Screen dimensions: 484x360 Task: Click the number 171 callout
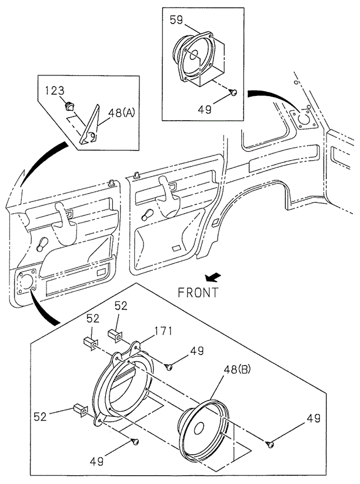163,331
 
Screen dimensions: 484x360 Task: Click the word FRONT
198,291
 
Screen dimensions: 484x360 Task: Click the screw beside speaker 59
234,92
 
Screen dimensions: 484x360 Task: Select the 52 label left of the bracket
39,417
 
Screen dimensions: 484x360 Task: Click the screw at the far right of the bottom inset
269,443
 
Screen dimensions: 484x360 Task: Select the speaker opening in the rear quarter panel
304,117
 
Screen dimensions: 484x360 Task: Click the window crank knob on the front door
41,243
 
